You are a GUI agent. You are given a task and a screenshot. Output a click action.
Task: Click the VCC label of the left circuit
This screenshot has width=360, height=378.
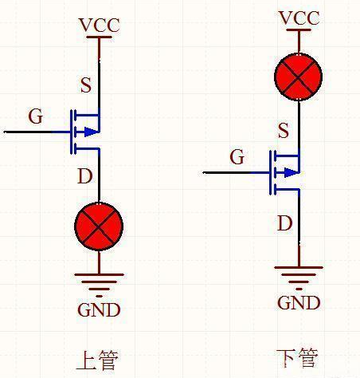[x=99, y=26]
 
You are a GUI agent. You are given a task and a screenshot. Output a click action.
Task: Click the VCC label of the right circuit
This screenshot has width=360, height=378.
[x=299, y=18]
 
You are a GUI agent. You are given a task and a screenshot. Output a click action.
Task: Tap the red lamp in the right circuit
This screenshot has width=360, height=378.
[x=298, y=77]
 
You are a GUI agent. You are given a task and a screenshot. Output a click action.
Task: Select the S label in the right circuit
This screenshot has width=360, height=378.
[x=284, y=130]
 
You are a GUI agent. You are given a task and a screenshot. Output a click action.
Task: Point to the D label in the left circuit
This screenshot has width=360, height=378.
[x=85, y=176]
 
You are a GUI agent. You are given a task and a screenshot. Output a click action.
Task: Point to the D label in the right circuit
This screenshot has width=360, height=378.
[x=284, y=224]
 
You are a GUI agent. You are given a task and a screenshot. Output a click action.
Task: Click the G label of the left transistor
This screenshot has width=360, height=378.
[x=35, y=116]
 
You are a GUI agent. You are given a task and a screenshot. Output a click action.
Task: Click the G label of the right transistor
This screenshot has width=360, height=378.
[x=237, y=157]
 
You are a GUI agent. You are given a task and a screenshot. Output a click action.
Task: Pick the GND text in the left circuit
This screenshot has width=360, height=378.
[x=99, y=309]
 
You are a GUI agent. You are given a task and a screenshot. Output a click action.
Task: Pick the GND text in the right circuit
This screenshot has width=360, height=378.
[x=299, y=302]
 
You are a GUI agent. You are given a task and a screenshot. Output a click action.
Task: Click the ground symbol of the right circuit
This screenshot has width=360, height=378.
[x=299, y=275]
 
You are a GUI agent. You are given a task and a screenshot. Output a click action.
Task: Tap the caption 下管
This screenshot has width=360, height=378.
[x=296, y=358]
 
